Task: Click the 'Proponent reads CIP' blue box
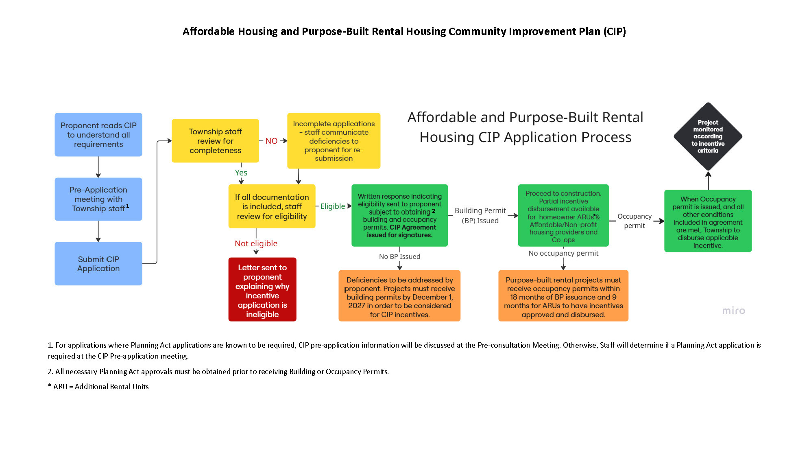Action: (x=98, y=135)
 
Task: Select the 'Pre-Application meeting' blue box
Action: (x=98, y=199)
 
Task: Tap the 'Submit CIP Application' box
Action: (x=98, y=264)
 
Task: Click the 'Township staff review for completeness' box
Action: (x=215, y=141)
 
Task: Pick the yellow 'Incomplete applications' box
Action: (x=334, y=141)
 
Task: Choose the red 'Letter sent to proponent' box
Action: (x=262, y=289)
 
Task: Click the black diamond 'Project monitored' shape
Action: (x=708, y=136)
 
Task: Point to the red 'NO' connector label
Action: (x=271, y=141)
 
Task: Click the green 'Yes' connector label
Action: (x=241, y=173)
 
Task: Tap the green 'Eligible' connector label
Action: (x=333, y=206)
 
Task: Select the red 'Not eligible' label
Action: (x=256, y=243)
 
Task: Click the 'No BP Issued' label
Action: (x=400, y=256)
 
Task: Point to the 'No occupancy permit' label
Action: (x=563, y=253)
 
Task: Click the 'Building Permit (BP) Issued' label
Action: (x=480, y=216)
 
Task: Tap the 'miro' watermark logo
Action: (x=734, y=311)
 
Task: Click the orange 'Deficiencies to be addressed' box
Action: (x=399, y=296)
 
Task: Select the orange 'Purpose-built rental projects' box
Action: (x=563, y=296)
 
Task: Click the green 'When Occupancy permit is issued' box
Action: (x=708, y=221)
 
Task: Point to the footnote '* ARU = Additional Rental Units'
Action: (x=98, y=387)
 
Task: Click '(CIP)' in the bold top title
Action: (x=615, y=31)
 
